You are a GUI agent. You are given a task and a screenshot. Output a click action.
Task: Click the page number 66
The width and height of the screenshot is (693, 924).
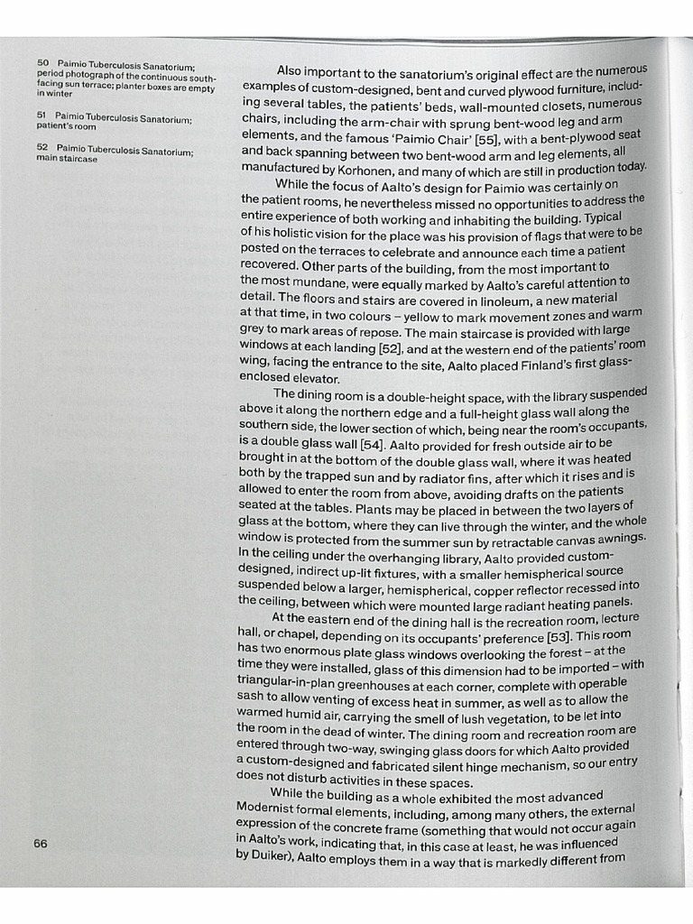tap(41, 844)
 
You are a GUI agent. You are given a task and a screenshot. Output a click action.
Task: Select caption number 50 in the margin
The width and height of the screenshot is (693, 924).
tap(42, 63)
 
